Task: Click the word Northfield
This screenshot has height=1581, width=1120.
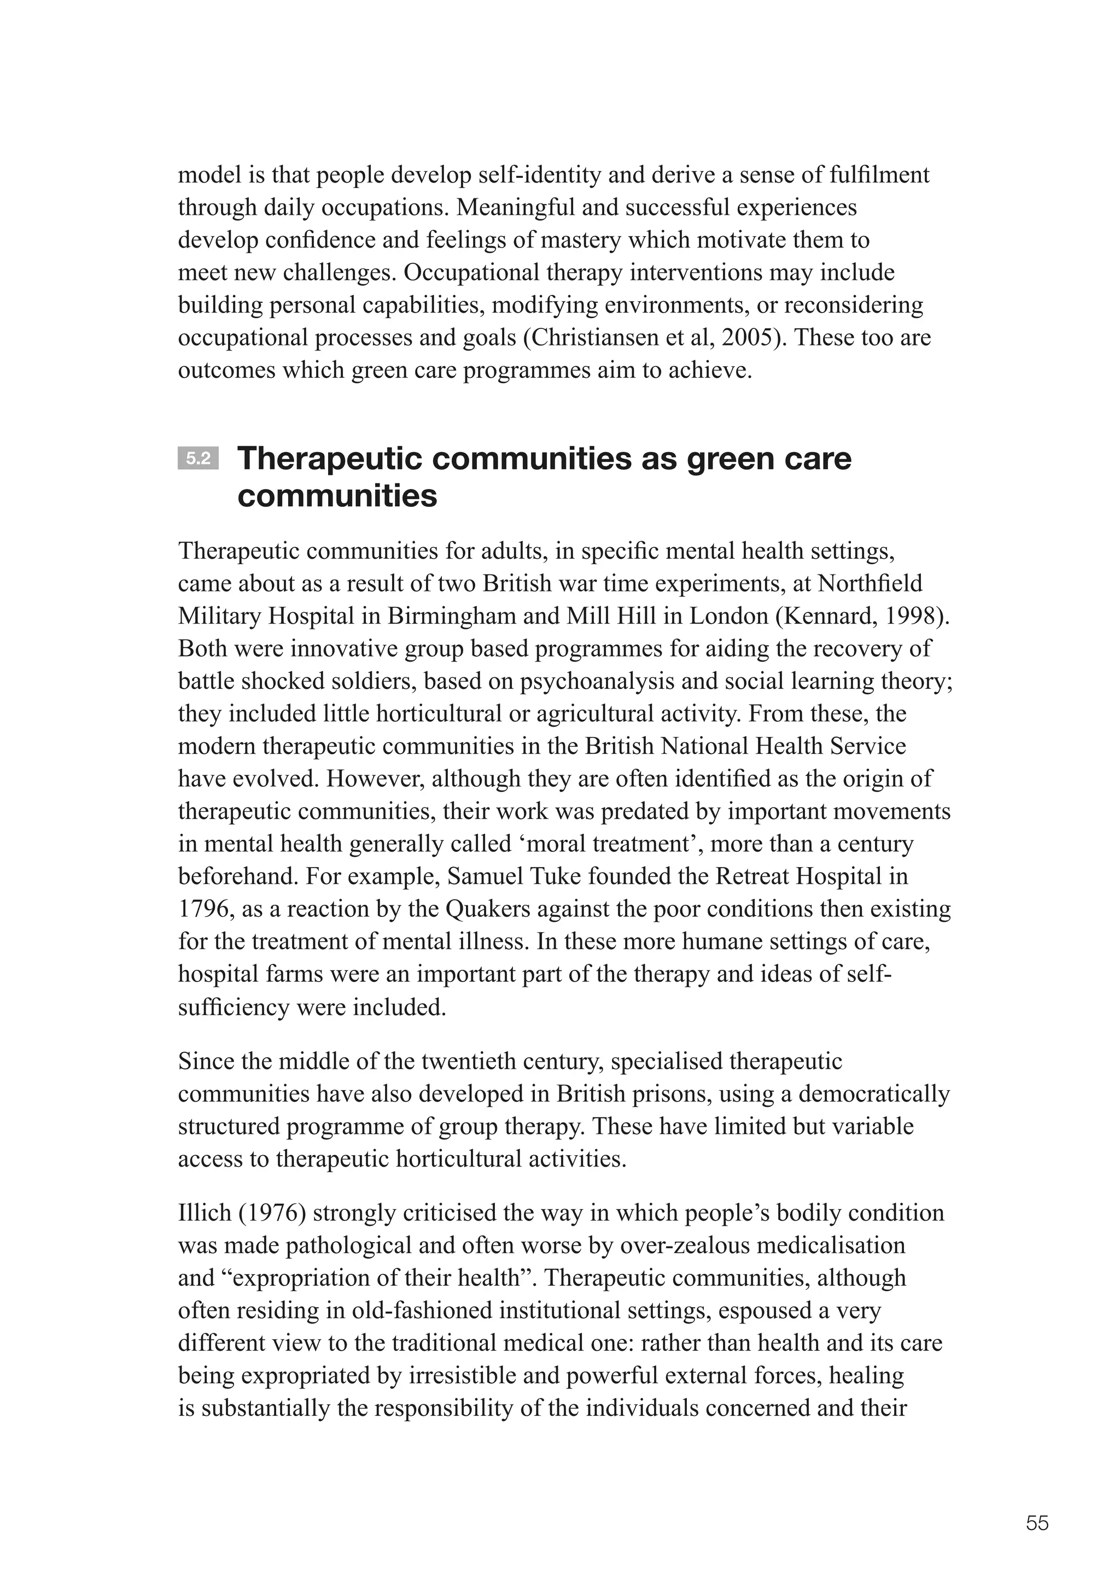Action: pyautogui.click(x=870, y=583)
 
